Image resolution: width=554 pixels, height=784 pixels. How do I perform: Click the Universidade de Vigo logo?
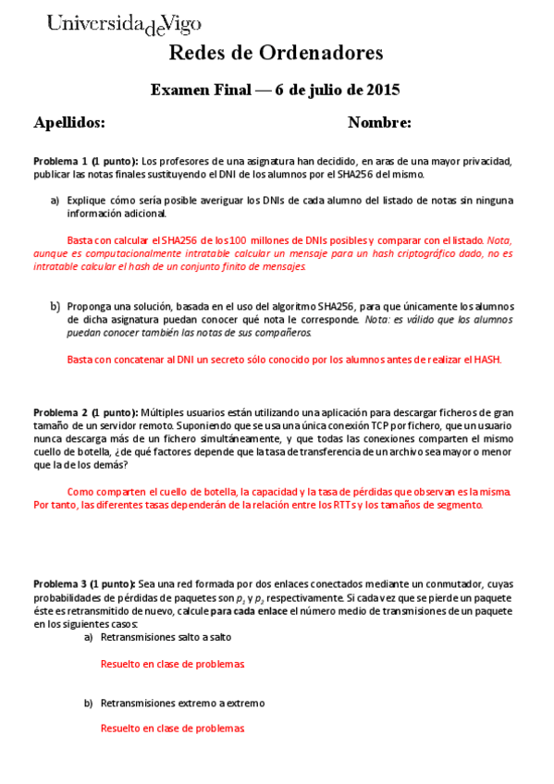[124, 24]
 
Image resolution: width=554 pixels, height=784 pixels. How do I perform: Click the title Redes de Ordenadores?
[276, 54]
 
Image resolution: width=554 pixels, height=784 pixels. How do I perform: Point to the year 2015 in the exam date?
[382, 91]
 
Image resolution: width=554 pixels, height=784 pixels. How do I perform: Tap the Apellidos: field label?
[69, 123]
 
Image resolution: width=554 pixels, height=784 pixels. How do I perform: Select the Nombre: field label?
[379, 123]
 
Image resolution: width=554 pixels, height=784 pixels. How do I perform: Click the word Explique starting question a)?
[86, 200]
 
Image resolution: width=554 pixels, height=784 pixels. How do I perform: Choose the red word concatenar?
[139, 360]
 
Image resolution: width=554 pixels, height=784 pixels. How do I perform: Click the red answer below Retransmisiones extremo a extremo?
[172, 729]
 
